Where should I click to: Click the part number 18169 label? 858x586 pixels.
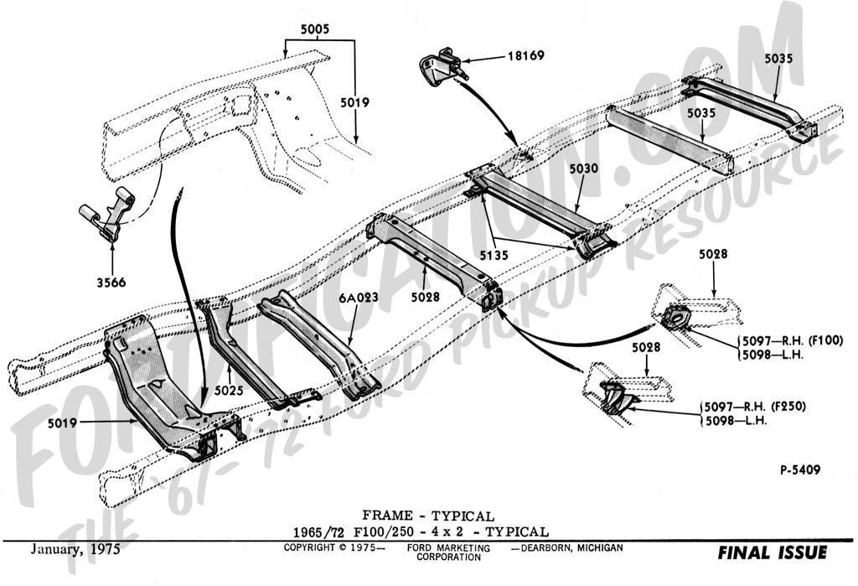click(525, 57)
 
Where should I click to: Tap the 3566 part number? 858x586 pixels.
click(111, 283)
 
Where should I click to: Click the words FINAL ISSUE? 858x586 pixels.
click(772, 552)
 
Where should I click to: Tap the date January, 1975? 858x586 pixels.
click(75, 550)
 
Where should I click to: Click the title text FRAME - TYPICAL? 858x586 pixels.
click(428, 516)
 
